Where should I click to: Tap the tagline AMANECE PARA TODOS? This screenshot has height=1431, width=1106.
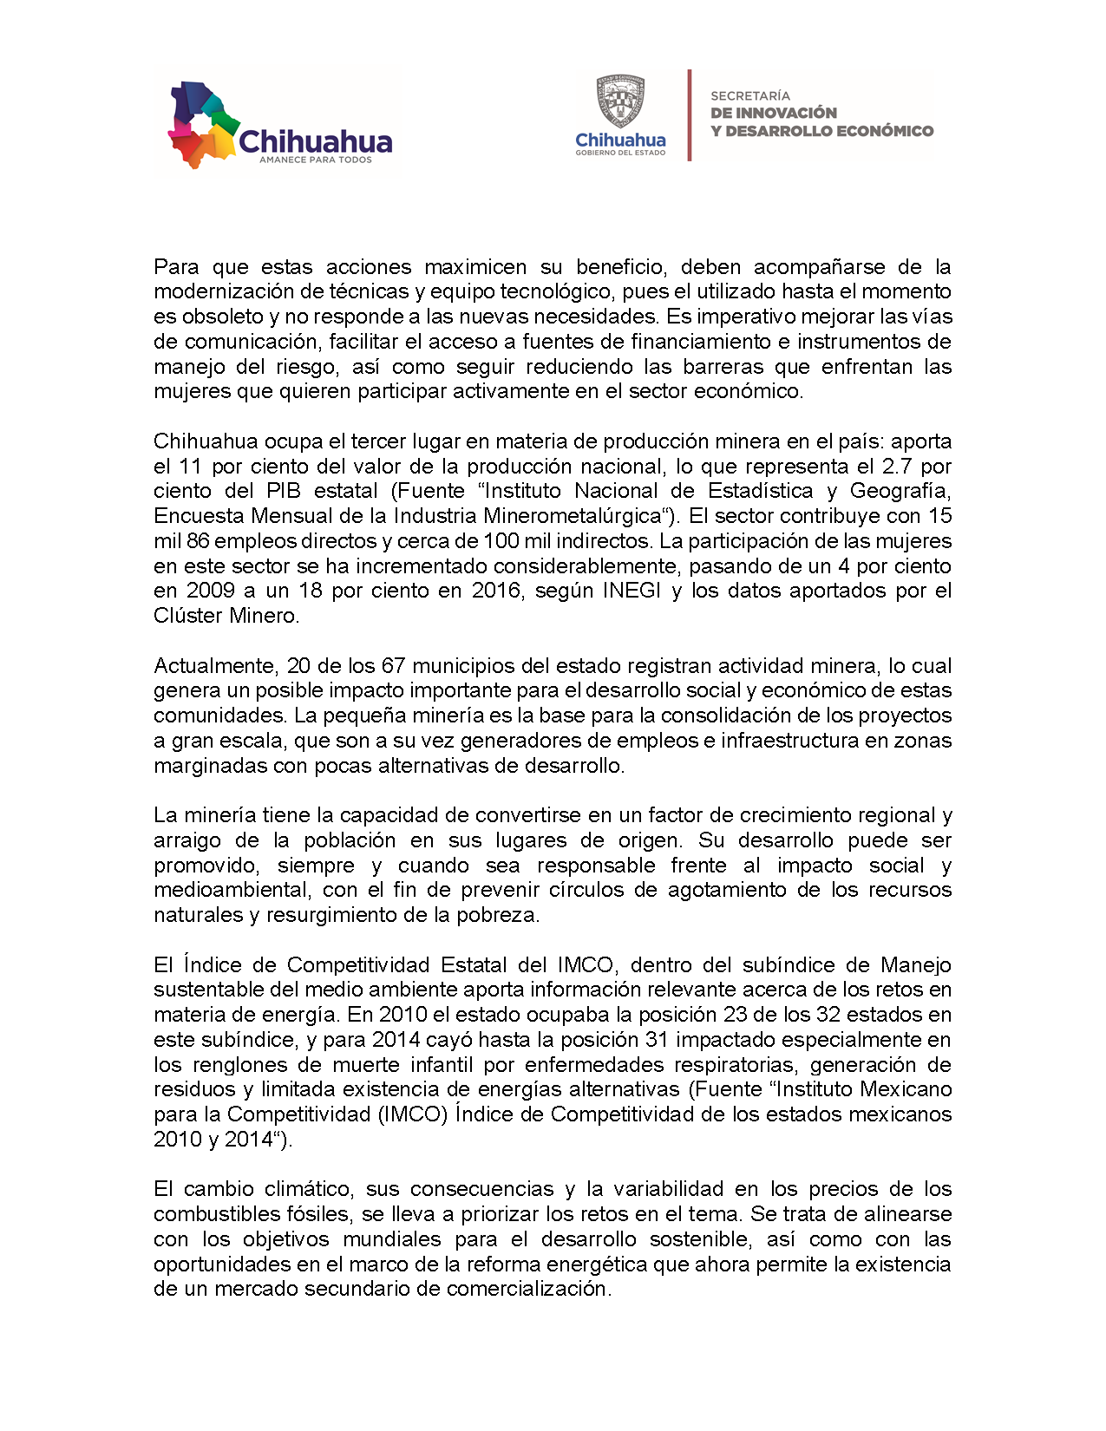point(316,160)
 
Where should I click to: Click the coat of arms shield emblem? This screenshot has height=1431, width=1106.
point(620,101)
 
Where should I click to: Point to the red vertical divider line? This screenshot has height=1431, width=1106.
point(690,115)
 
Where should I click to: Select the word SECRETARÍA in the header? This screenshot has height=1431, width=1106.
point(750,95)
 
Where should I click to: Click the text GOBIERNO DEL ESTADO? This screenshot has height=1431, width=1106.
point(620,153)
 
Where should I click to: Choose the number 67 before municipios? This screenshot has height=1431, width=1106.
point(393,666)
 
